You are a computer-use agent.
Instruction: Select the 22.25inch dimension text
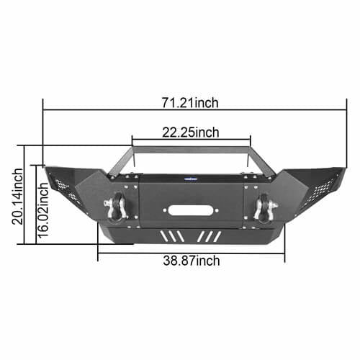coord(190,131)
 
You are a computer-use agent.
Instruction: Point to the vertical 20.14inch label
coord(17,195)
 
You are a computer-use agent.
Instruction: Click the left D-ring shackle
coord(117,207)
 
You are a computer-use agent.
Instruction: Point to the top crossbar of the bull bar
coord(190,148)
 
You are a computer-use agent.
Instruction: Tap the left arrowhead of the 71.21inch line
coord(45,110)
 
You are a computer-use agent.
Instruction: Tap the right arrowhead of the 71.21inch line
coord(338,110)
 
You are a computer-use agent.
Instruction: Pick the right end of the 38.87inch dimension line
coord(284,253)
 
